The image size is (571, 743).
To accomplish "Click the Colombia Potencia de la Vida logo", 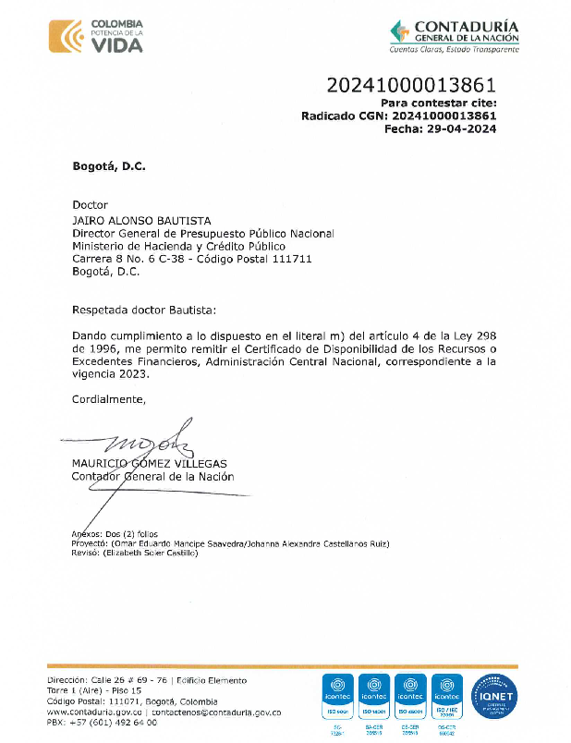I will point(98,36).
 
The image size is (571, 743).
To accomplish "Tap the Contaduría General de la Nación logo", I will point(454,37).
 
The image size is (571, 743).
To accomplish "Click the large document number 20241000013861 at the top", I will point(411,87).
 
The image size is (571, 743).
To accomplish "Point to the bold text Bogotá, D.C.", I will point(109,166).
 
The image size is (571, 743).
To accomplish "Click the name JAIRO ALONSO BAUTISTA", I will point(141,221).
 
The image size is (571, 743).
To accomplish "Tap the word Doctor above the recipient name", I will point(90,205).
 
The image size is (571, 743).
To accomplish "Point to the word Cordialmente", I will point(108,398).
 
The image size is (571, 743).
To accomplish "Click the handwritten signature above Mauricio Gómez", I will point(148,435).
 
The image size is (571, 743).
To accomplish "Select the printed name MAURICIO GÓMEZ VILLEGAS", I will point(149,463).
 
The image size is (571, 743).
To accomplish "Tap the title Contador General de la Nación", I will point(152,477).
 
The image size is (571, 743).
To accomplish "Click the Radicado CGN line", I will point(399,116).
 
